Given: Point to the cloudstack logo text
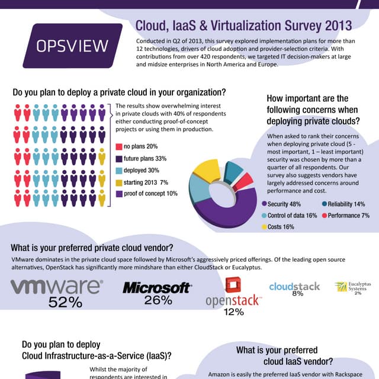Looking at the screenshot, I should coord(294,286).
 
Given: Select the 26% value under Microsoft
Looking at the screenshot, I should coord(158,300).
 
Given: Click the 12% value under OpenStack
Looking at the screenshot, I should coord(233,312).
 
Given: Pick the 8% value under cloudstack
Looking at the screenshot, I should coord(297,294).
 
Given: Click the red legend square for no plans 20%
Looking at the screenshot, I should coord(118,147).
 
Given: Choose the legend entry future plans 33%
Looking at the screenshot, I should coord(145,159).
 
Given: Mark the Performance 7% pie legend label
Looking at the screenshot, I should coord(349,215).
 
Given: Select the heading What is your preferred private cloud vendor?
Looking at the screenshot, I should coord(101,248).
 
